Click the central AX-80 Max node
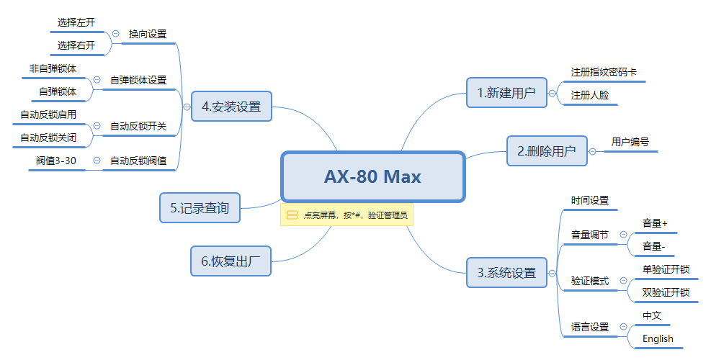(373, 176)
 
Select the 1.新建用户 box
(506, 92)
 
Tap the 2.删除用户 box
(547, 151)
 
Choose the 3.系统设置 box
(506, 272)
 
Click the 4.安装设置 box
(231, 107)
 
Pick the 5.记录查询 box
(200, 207)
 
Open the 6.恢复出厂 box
(231, 261)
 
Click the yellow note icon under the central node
(292, 215)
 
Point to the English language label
(658, 338)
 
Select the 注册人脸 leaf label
(589, 95)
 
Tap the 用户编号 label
(630, 142)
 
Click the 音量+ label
(655, 223)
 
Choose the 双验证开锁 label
(666, 292)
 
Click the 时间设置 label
(589, 200)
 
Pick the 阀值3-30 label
(56, 161)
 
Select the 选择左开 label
(76, 22)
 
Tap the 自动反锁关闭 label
(48, 138)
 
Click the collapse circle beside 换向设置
(116, 34)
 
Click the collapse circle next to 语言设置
(624, 326)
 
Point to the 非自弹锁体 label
(53, 68)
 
